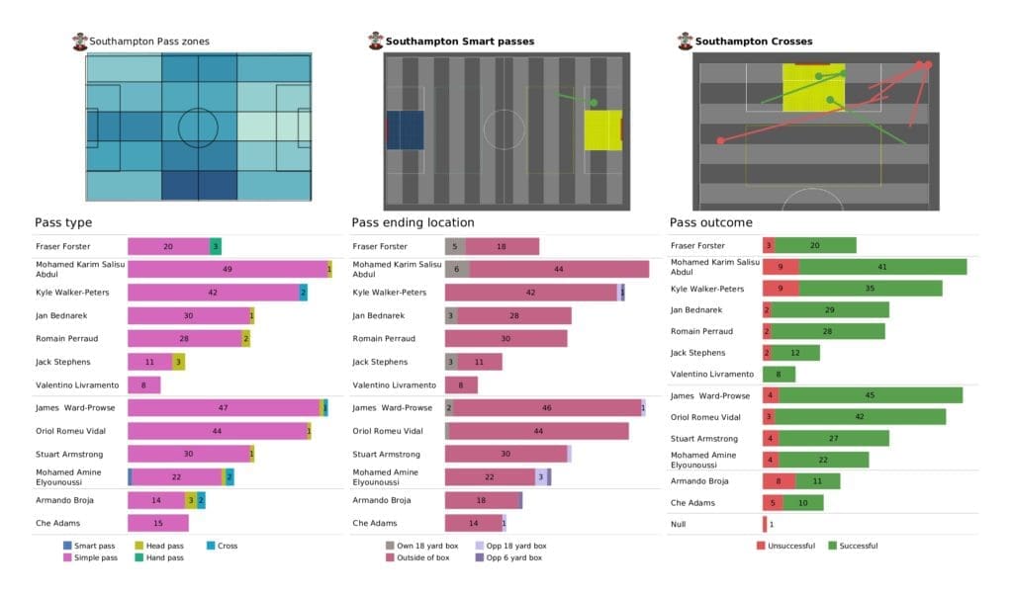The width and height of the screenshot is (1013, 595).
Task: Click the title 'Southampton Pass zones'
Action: point(148,42)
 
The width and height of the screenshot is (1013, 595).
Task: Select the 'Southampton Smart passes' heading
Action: point(459,42)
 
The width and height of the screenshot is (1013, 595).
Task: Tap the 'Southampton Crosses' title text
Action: point(754,42)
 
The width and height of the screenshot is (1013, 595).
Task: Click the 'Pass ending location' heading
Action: point(413,222)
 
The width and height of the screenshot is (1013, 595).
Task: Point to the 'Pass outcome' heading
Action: point(710,222)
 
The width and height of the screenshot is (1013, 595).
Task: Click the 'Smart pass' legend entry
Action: point(95,546)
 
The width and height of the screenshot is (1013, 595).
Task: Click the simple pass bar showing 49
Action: point(228,269)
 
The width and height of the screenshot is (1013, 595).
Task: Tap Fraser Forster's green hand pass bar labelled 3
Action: point(215,245)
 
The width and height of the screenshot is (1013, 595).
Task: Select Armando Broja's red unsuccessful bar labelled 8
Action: point(780,481)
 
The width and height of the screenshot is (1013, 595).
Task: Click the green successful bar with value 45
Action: point(870,395)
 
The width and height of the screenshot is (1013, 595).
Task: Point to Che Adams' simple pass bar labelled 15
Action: point(158,523)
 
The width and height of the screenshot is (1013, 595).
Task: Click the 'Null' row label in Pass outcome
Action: point(680,525)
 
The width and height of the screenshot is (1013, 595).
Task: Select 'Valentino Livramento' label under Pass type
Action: point(77,384)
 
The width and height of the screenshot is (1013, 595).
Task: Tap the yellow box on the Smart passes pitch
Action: point(602,129)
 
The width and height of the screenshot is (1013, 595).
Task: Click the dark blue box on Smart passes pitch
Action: point(405,129)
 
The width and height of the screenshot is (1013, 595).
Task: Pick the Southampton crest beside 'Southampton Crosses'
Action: point(685,42)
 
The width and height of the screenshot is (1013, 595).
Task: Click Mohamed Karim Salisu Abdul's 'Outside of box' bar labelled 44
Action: point(559,269)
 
